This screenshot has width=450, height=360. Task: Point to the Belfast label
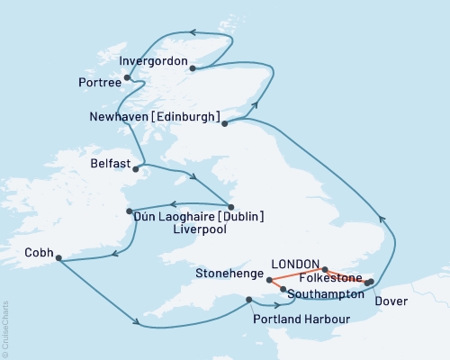click(x=111, y=165)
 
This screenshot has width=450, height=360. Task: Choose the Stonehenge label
click(x=228, y=270)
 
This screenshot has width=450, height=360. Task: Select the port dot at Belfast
click(x=136, y=168)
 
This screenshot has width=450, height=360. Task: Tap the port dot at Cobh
click(x=58, y=259)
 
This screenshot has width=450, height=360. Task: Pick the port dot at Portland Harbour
click(x=248, y=300)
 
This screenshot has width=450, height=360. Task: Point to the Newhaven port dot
click(x=226, y=124)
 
